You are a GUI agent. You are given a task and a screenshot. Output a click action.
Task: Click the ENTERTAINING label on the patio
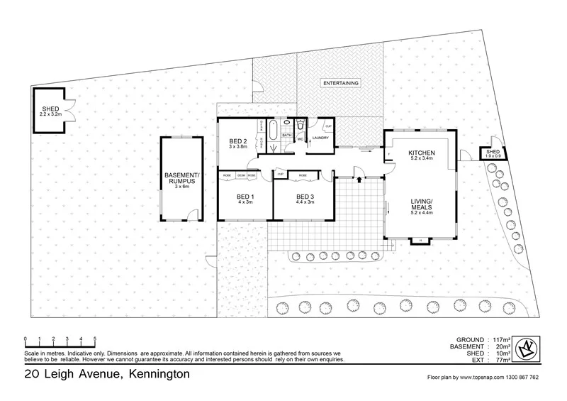[x=341, y=83]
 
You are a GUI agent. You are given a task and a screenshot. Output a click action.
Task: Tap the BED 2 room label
[x=238, y=141]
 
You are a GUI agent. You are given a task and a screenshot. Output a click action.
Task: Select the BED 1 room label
[x=245, y=196]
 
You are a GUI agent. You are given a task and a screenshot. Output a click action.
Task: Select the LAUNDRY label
[x=321, y=138]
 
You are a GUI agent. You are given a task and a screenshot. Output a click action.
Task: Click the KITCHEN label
[x=421, y=153]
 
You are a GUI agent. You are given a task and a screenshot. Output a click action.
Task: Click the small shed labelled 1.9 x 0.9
[x=492, y=153]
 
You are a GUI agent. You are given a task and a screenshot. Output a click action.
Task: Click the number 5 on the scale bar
[x=94, y=338]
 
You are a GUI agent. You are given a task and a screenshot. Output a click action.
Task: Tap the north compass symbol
[x=527, y=348]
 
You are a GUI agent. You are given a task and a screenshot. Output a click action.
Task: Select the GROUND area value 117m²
[x=497, y=339]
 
